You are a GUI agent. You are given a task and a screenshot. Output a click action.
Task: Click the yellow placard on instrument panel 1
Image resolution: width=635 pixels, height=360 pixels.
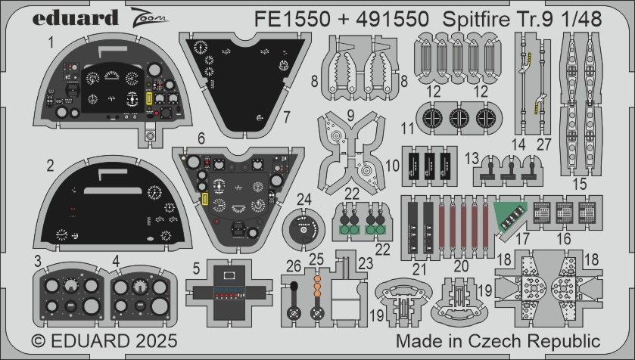click(x=148, y=100)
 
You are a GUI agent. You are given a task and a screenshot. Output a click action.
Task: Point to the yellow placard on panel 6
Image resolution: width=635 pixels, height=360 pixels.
click(x=205, y=199)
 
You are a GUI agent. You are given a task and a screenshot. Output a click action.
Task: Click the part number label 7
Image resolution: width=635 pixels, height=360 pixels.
click(x=287, y=117)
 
